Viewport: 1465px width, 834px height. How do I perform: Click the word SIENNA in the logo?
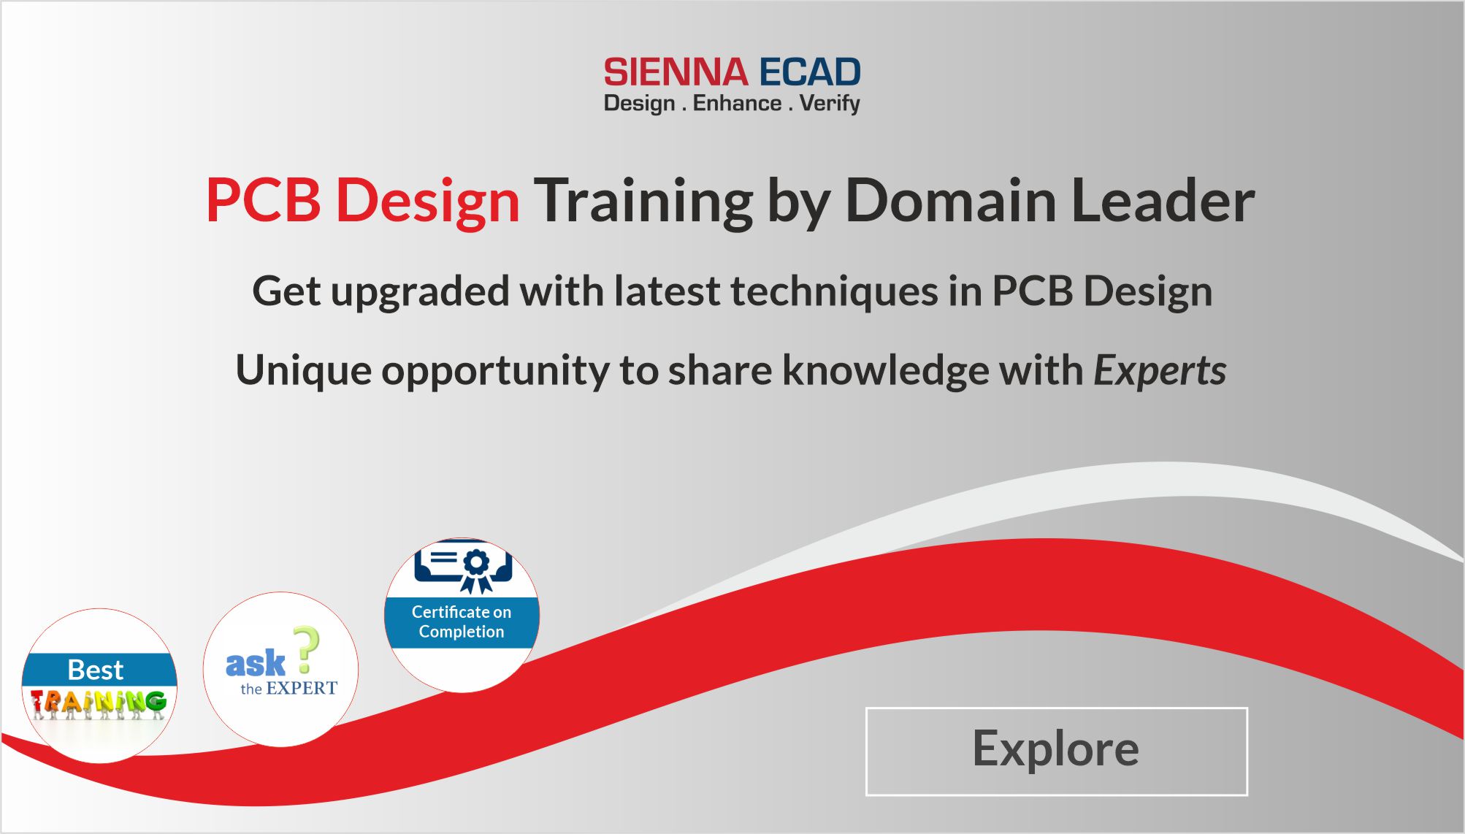tap(676, 73)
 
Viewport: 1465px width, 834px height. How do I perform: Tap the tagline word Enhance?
tap(737, 103)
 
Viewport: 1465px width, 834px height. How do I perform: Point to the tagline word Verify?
tap(830, 104)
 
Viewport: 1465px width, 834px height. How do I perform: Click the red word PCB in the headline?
tap(263, 200)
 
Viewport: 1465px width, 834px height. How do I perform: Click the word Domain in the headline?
tap(950, 200)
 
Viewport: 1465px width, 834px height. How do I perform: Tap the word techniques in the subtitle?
tap(834, 292)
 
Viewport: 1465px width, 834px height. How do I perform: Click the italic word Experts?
tap(1160, 371)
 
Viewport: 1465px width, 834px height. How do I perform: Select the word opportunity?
tap(495, 371)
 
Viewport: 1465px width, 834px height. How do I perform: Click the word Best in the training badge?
tap(96, 670)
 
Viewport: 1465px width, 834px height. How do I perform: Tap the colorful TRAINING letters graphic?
tap(99, 703)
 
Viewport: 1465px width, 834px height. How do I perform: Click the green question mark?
tap(307, 649)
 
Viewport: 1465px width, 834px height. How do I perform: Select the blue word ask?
tap(255, 664)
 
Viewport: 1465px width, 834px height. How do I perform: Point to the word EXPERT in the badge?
tap(302, 689)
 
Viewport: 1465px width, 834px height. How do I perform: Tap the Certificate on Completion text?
tap(462, 621)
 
